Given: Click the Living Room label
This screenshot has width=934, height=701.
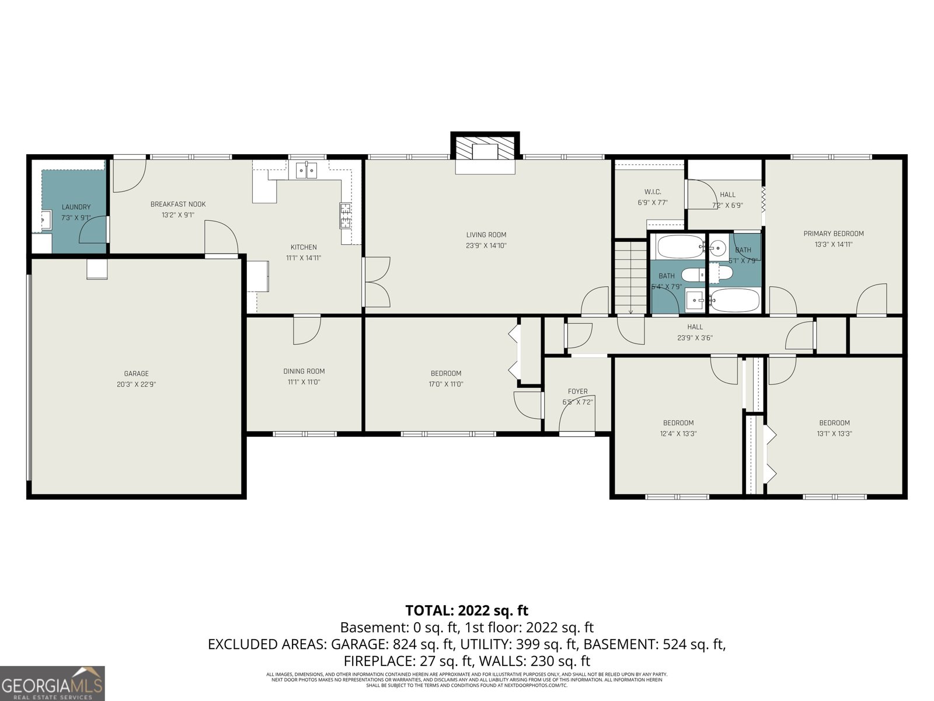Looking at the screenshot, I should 486,235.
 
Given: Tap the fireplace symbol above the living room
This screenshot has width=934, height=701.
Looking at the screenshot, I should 485,151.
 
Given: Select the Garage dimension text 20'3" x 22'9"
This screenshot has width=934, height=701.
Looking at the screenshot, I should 136,384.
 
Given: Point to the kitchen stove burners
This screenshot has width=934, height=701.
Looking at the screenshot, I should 345,216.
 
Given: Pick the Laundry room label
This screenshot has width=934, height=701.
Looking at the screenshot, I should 76,207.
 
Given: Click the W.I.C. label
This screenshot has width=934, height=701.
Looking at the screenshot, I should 653,192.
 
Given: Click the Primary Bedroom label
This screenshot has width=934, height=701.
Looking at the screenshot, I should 834,234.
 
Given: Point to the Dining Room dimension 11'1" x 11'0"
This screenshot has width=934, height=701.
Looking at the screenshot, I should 304,382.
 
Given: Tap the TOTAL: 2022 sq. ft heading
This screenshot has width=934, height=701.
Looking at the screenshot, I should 466,610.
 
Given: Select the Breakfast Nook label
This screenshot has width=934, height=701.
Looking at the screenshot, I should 178,204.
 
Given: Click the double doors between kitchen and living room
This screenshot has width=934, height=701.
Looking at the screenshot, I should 377,282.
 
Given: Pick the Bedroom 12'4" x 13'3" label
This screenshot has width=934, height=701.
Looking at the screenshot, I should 678,423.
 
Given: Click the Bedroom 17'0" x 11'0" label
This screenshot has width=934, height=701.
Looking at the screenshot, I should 446,373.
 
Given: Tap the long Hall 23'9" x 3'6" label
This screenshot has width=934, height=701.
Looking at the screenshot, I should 695,327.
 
